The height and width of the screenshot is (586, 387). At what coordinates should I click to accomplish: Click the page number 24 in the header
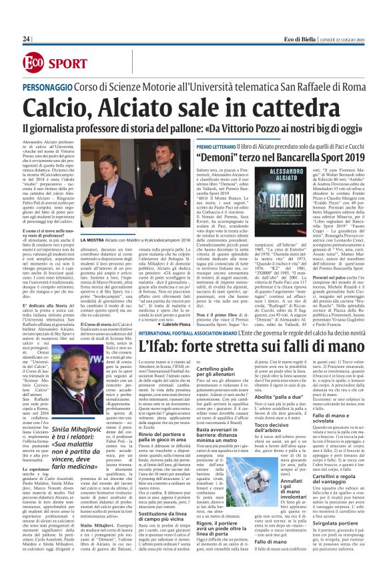(x=27, y=39)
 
